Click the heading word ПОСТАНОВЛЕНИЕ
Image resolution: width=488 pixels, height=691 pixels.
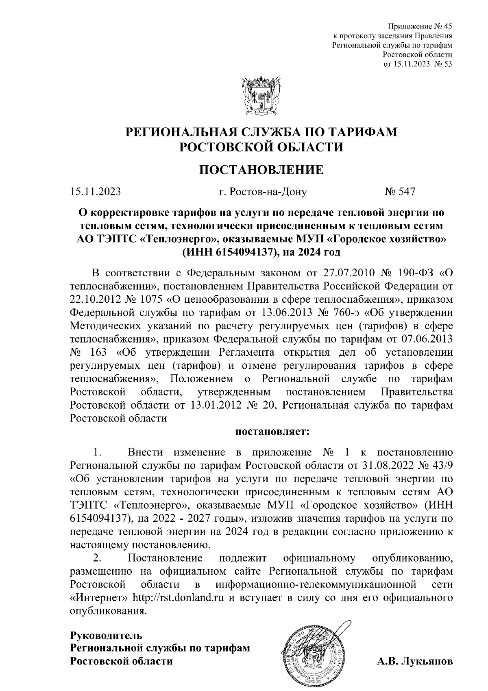click(261, 169)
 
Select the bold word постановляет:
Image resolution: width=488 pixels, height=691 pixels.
click(273, 431)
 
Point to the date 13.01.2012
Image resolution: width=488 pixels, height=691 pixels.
click(218, 405)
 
